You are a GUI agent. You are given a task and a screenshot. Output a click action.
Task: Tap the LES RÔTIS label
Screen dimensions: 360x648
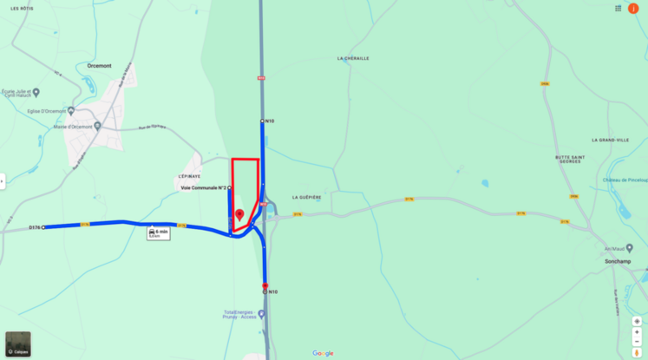(x=21, y=8)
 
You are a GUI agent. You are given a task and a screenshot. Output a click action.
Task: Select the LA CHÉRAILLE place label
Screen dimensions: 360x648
(x=353, y=58)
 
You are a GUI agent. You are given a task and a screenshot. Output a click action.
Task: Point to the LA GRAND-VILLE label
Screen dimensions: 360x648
(x=610, y=140)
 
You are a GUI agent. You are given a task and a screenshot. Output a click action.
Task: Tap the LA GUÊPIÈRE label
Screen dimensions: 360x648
(x=306, y=197)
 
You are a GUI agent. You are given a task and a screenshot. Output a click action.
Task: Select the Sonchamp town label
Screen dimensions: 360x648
(x=618, y=260)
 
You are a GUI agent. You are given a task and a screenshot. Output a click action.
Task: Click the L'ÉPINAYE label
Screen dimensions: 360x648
(x=189, y=176)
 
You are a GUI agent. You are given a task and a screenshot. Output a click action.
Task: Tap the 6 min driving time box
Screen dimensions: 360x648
(x=159, y=232)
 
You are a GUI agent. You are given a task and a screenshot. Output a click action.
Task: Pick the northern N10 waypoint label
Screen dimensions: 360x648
(x=270, y=121)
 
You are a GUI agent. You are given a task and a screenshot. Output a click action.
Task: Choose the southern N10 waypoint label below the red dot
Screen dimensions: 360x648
(x=272, y=292)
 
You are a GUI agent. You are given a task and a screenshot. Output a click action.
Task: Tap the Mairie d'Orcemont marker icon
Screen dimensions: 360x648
(x=98, y=126)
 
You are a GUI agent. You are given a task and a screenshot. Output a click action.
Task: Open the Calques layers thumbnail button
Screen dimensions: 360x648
(x=17, y=344)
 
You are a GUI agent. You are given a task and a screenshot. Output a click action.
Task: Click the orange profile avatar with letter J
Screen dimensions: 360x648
(x=633, y=9)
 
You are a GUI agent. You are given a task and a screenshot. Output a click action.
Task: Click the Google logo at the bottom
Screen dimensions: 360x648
(x=323, y=353)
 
